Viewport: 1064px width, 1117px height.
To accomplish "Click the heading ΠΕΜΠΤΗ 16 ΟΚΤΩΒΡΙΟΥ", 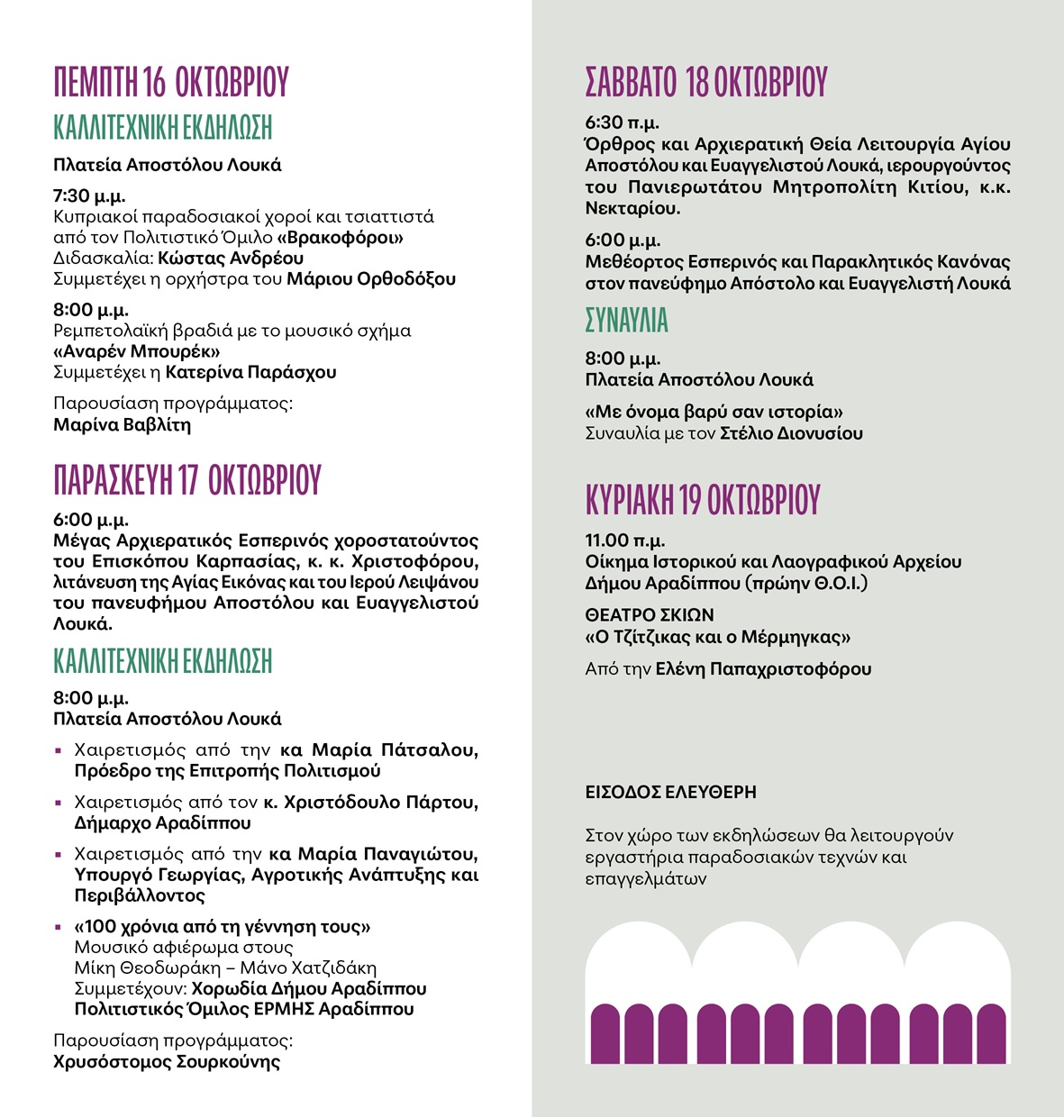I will coord(171,81).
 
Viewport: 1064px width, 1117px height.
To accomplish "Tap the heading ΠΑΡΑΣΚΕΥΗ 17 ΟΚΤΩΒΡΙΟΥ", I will coord(187,480).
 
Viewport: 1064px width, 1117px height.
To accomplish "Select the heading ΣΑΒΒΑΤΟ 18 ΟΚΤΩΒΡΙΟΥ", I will coord(706,81).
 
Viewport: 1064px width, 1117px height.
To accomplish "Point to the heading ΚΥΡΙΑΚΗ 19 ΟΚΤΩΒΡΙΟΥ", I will coord(703,499).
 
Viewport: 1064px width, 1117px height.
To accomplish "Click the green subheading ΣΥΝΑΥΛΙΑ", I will coord(627,321).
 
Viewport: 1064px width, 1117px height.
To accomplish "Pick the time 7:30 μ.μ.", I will coord(89,195).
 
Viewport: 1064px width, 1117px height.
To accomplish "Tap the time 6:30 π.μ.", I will coord(622,123).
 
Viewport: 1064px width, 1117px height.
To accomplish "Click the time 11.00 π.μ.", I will coord(625,540).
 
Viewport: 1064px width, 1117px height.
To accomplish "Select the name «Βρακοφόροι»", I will coord(340,238).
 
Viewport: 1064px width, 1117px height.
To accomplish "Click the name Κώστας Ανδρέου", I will coord(231,259).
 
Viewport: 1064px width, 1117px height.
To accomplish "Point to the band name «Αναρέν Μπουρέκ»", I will coord(137,351).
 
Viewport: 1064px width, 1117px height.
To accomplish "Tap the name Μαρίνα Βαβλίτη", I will coord(123,425).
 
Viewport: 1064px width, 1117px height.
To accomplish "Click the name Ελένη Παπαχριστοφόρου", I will coord(763,669).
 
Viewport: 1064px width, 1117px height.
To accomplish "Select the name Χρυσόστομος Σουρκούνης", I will coord(167,1062).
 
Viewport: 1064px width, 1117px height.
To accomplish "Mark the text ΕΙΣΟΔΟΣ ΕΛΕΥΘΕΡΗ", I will coord(670,793).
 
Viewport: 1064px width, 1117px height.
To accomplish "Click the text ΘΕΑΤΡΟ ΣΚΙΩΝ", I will coord(650,615).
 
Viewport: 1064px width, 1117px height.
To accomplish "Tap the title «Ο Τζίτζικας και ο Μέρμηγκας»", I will coord(718,638).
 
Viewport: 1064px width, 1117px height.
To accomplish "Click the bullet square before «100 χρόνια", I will coord(59,927).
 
